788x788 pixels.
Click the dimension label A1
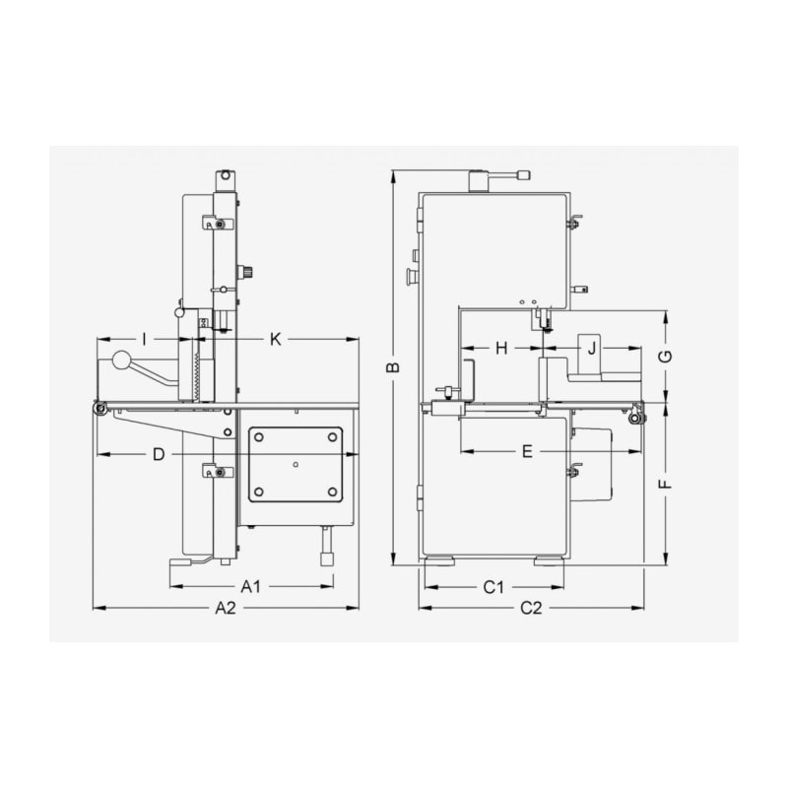point(251,586)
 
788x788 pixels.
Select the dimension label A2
point(226,608)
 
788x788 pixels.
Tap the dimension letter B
point(395,367)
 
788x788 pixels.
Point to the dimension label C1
point(493,586)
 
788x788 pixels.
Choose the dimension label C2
point(531,608)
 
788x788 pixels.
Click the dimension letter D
point(159,455)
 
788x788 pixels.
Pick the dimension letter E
point(527,451)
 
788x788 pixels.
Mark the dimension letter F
point(666,484)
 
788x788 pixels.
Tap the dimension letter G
point(666,357)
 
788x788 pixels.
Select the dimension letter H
point(502,348)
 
